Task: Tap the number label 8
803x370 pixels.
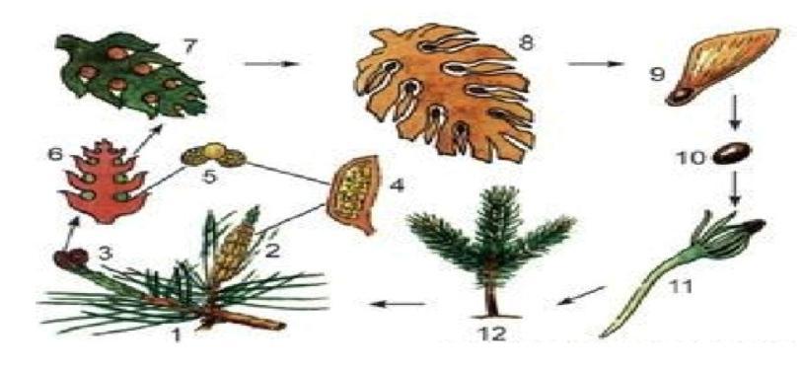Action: pos(526,42)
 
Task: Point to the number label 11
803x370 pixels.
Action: pos(680,286)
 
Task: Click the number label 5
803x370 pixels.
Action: pos(209,177)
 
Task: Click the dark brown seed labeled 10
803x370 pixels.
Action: pos(732,154)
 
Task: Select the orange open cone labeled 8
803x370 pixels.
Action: pos(445,91)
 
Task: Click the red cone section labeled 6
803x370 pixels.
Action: pos(105,182)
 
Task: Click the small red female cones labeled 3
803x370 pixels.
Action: pos(71,259)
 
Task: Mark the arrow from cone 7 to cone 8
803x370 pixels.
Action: pos(271,64)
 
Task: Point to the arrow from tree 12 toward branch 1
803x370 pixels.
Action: pos(398,304)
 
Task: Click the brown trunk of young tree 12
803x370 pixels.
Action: pos(491,297)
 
